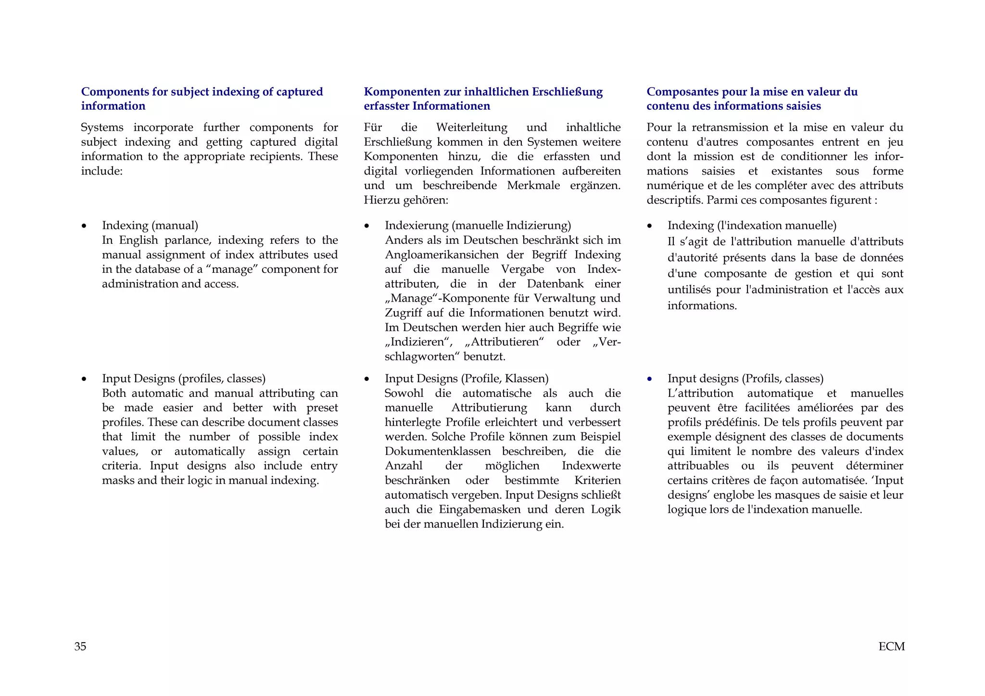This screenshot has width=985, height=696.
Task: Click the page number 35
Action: (x=80, y=646)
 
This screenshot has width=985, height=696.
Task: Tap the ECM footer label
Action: (x=891, y=646)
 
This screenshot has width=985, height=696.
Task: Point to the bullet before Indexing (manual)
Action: (x=84, y=226)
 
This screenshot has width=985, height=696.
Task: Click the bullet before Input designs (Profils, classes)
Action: (x=650, y=379)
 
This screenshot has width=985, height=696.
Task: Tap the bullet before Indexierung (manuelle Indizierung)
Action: (x=367, y=226)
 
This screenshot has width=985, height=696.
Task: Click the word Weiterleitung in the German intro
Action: (x=471, y=127)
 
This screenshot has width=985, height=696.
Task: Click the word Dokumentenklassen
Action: (x=438, y=451)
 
